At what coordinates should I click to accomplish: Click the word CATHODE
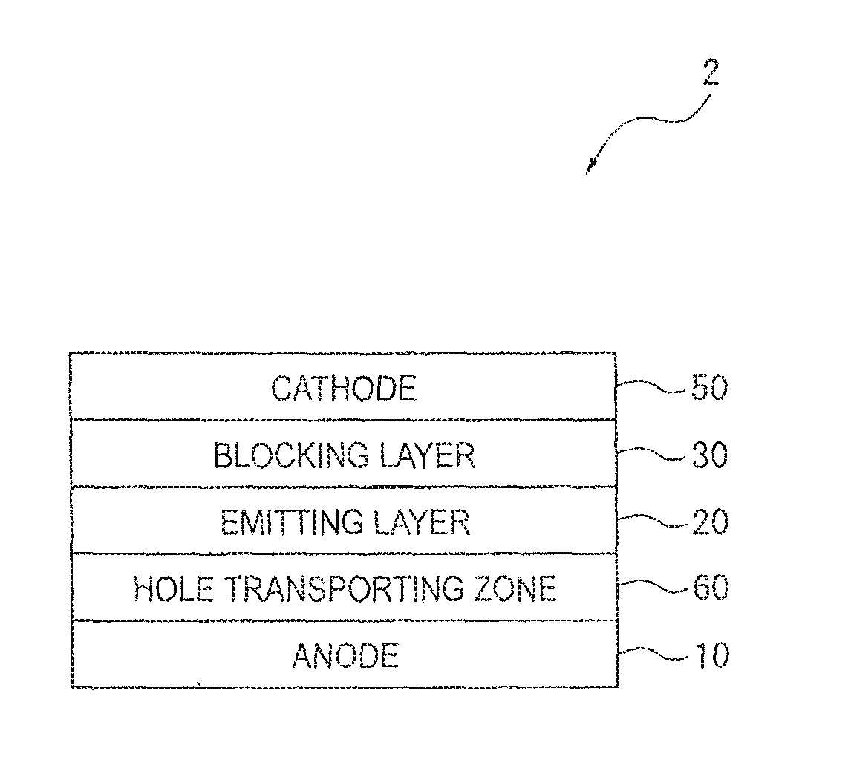pos(343,388)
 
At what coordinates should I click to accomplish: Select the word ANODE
pos(345,656)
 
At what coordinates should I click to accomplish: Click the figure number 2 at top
pos(710,74)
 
